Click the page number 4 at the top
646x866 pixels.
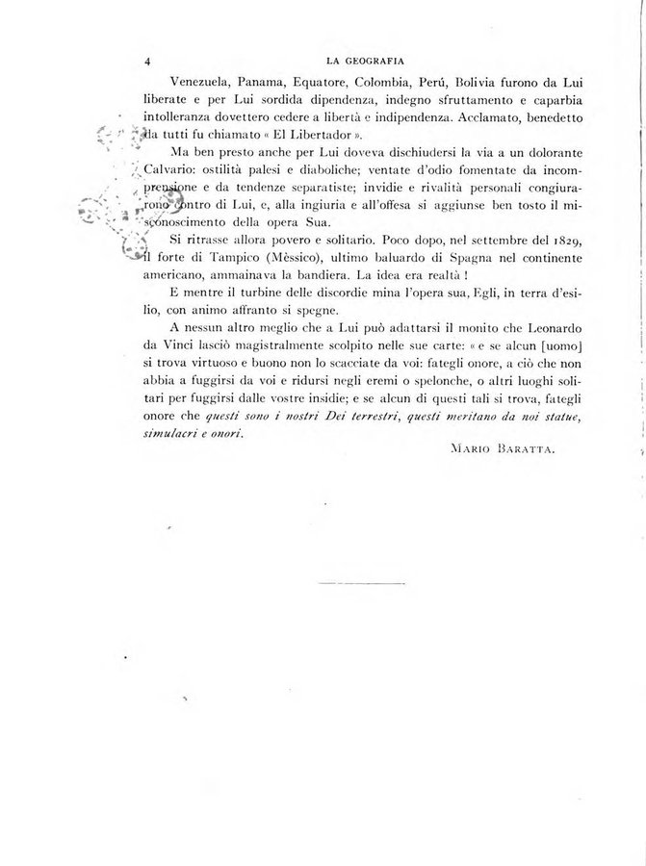point(146,60)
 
